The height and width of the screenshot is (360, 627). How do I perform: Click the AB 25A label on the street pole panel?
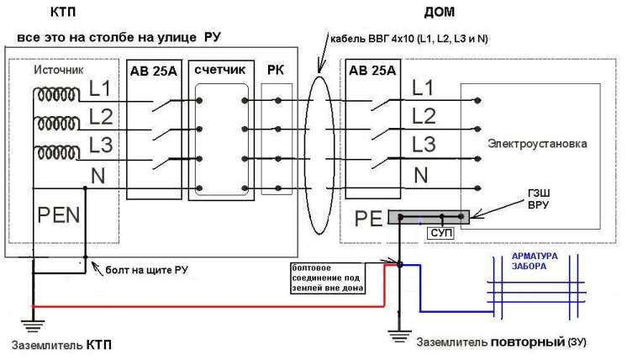point(153,70)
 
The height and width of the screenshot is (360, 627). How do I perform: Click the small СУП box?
point(440,230)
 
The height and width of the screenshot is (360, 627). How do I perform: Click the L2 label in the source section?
point(100,116)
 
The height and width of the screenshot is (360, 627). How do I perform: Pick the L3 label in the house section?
point(425,143)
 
